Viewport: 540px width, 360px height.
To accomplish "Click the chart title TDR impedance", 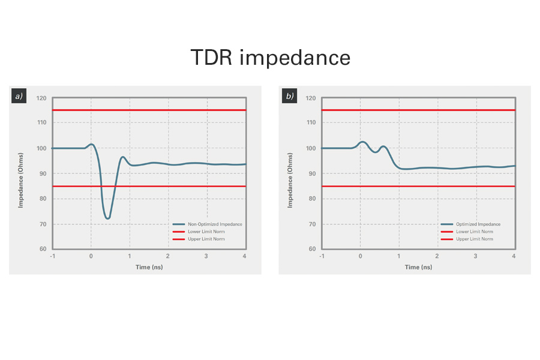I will point(270,58).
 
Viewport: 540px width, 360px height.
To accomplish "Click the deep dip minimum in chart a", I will point(107,218).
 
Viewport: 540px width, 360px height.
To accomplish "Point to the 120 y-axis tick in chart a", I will point(41,98).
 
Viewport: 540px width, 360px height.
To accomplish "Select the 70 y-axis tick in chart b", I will point(311,224).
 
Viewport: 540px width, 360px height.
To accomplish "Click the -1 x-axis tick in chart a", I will point(52,256).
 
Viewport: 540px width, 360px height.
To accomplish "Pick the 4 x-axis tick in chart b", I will point(514,256).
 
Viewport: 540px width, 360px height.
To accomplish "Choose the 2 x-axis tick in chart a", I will point(168,256).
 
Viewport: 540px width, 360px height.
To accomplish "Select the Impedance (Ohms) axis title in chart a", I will point(20,174).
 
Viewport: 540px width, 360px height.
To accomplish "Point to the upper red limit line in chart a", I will point(150,110).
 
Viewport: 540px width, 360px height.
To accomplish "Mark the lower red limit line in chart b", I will point(420,187).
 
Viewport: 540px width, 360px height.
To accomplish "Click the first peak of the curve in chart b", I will point(362,142).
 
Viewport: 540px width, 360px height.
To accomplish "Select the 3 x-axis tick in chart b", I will point(476,256).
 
